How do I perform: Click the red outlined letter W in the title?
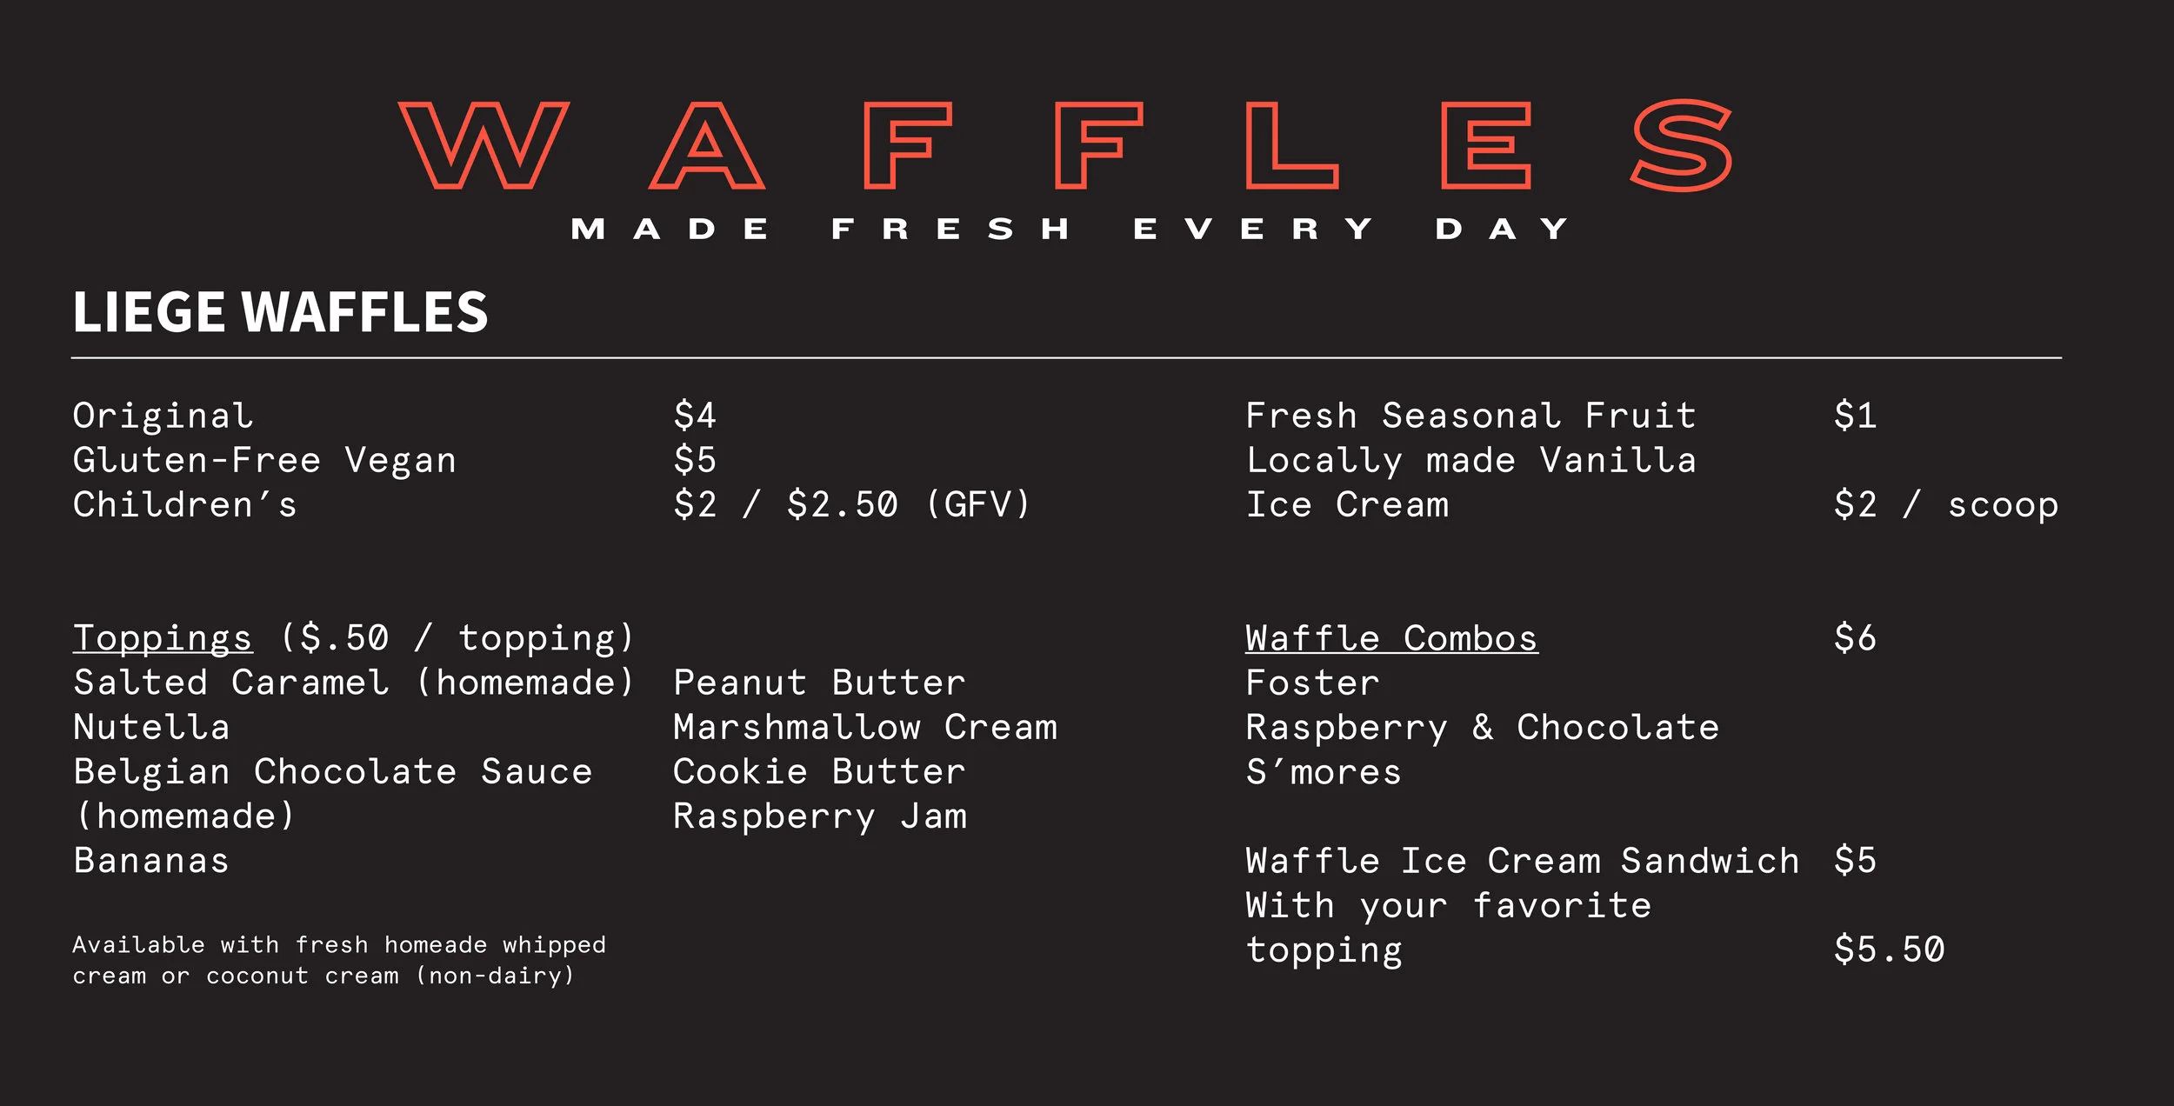pos(484,145)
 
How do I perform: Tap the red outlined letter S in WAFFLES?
pos(1680,145)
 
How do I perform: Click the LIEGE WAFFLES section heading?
pos(280,312)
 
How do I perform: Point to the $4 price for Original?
pos(694,416)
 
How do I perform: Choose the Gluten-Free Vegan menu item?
pos(264,461)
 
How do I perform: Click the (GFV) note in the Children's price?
pos(977,505)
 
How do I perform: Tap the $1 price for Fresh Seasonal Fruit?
pos(1855,416)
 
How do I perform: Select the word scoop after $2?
pos(2003,505)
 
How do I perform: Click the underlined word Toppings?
pos(163,638)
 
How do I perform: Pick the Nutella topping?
pos(151,728)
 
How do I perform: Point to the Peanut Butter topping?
pos(819,683)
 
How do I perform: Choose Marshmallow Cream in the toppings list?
pos(865,728)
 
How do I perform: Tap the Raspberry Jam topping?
pos(819,817)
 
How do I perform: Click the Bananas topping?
pos(151,862)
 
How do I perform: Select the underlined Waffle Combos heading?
pos(1391,639)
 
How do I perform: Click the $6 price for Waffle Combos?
pos(1855,639)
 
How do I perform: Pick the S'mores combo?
pos(1324,772)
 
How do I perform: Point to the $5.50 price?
pos(1889,950)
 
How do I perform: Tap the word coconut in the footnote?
pos(257,976)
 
